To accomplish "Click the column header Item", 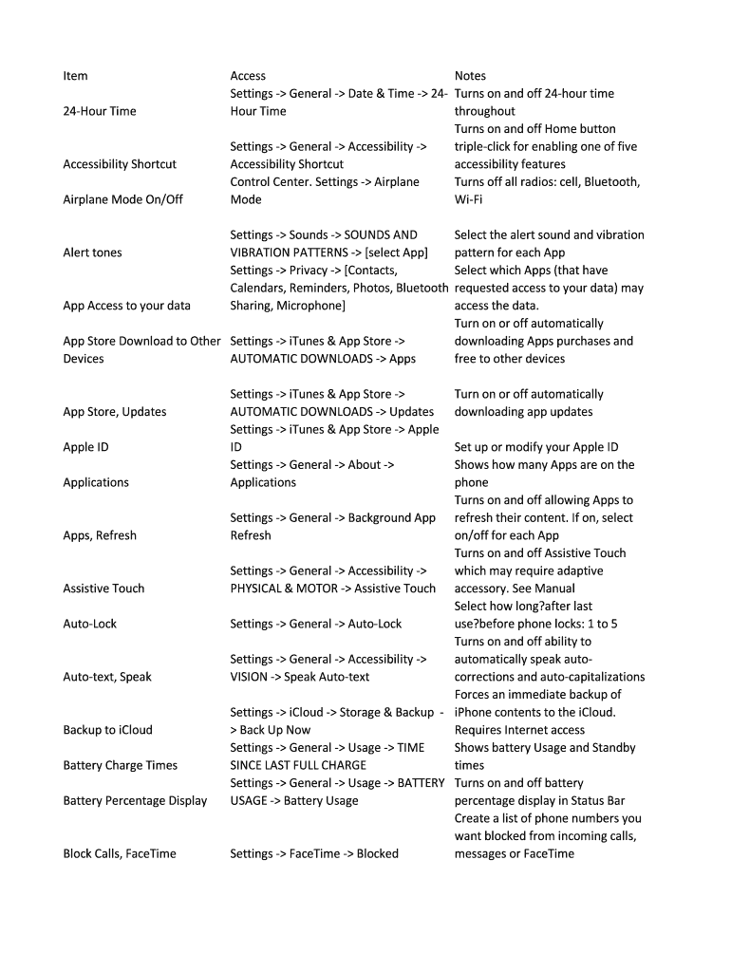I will pyautogui.click(x=75, y=76).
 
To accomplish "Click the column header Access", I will pyautogui.click(x=248, y=76).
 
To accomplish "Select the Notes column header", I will pyautogui.click(x=470, y=76).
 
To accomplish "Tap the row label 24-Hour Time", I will pyautogui.click(x=100, y=111).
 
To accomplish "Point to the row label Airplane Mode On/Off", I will pyautogui.click(x=122, y=199).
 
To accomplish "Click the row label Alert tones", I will pyautogui.click(x=92, y=252).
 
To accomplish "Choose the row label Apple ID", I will pyautogui.click(x=85, y=447).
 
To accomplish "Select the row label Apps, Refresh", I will pyautogui.click(x=100, y=535).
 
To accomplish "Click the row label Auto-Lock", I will pyautogui.click(x=90, y=624).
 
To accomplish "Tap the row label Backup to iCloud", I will pyautogui.click(x=107, y=730).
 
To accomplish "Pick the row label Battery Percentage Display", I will pyautogui.click(x=135, y=800).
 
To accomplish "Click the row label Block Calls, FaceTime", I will pyautogui.click(x=120, y=853).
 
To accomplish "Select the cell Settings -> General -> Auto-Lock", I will pyautogui.click(x=316, y=624).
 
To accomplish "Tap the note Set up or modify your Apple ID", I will pyautogui.click(x=536, y=447).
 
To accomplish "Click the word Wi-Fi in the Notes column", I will pyautogui.click(x=469, y=199).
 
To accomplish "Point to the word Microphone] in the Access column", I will pyautogui.click(x=308, y=306).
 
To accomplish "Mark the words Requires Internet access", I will pyautogui.click(x=519, y=730).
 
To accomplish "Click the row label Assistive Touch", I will pyautogui.click(x=103, y=589).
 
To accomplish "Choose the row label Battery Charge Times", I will pyautogui.click(x=121, y=765).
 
